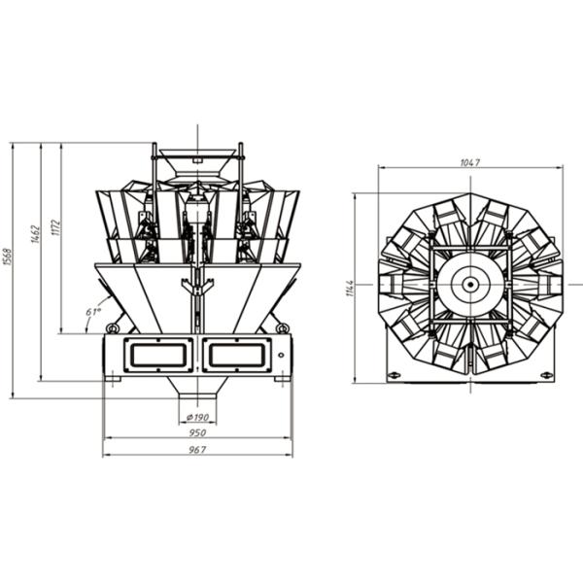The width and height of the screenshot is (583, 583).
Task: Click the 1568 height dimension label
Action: [x=8, y=257]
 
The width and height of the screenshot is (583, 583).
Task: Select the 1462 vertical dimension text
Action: [x=35, y=233]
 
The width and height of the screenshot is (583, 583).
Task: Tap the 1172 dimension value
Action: [x=55, y=227]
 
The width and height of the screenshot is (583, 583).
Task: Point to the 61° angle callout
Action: [x=93, y=311]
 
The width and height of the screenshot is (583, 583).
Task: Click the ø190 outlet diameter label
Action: [x=197, y=418]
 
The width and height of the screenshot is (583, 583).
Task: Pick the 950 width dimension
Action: [x=197, y=432]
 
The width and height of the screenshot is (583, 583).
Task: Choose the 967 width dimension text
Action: [x=197, y=450]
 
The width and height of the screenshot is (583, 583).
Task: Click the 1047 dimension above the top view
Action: [x=470, y=162]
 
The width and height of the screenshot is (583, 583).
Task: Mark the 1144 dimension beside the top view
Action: [x=350, y=288]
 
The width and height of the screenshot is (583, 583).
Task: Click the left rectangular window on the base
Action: [x=158, y=355]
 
